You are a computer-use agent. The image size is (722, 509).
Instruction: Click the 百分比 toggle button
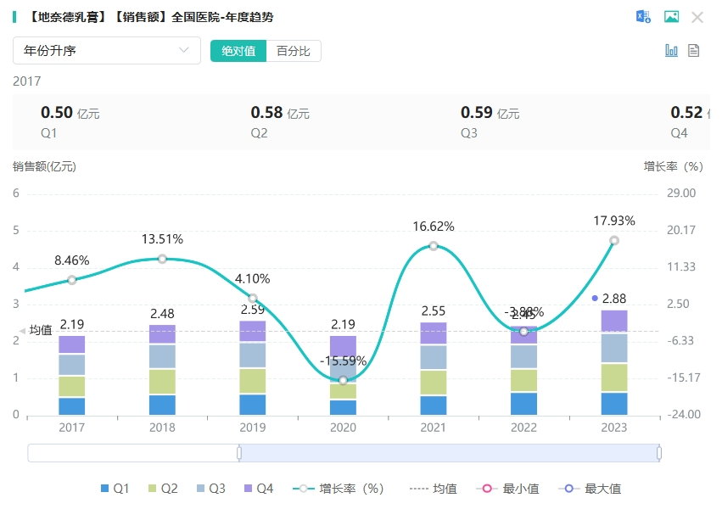(294, 51)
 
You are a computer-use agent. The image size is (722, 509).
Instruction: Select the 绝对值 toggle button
(238, 51)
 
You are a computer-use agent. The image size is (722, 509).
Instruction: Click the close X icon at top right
(697, 17)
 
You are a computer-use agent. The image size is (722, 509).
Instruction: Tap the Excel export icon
(644, 17)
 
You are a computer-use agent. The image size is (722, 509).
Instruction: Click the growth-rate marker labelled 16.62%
(434, 246)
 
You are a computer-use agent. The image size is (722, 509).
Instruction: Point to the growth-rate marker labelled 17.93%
(614, 240)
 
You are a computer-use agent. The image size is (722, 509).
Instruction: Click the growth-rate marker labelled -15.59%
(343, 380)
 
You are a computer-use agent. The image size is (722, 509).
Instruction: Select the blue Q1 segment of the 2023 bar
(614, 403)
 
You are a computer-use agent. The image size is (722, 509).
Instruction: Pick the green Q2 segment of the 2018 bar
(162, 382)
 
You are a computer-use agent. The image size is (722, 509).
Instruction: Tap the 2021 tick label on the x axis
(434, 428)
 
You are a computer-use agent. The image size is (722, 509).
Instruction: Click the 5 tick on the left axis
(16, 231)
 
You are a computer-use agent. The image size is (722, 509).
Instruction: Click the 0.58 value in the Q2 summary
(266, 112)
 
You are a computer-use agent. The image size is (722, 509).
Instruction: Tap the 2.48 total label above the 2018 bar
(162, 314)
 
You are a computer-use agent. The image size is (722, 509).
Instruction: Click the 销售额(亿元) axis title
(44, 166)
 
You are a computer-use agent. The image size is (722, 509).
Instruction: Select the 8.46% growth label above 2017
(72, 260)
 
